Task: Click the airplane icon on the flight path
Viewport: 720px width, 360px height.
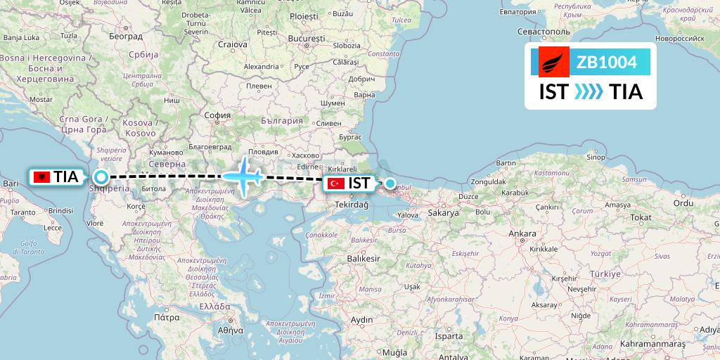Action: (243, 175)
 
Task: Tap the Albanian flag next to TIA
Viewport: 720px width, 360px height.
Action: (41, 177)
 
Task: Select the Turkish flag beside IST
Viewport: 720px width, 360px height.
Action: (336, 184)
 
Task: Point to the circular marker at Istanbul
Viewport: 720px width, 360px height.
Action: (390, 184)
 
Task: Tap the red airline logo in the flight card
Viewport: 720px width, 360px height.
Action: (554, 63)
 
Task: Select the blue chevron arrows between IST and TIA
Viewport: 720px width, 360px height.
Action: (588, 92)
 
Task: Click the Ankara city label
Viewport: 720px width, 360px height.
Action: (522, 233)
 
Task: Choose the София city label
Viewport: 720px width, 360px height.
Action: (217, 116)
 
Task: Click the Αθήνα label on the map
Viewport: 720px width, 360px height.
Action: (230, 330)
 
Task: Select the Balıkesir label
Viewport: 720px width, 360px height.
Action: (364, 258)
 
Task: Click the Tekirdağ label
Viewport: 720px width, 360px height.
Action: (352, 204)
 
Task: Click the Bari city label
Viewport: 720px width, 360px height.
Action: (11, 184)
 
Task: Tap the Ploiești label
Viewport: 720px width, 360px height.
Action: (304, 15)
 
